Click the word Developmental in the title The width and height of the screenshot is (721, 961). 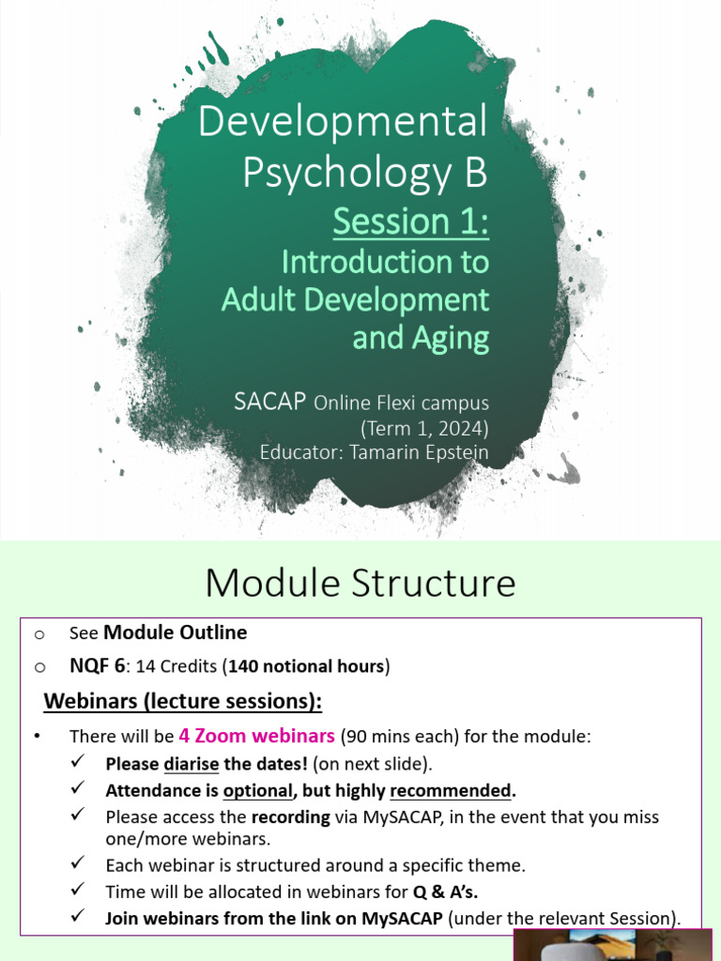[x=343, y=124]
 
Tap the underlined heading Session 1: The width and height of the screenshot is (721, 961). [x=411, y=221]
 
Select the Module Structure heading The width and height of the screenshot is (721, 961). [x=360, y=583]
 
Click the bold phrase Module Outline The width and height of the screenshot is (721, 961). [x=175, y=633]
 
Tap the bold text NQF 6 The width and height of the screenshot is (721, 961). [x=97, y=666]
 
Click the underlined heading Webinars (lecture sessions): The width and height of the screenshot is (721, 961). [x=183, y=701]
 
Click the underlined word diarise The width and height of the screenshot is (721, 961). [x=192, y=763]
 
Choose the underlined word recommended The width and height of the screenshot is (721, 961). [x=452, y=790]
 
